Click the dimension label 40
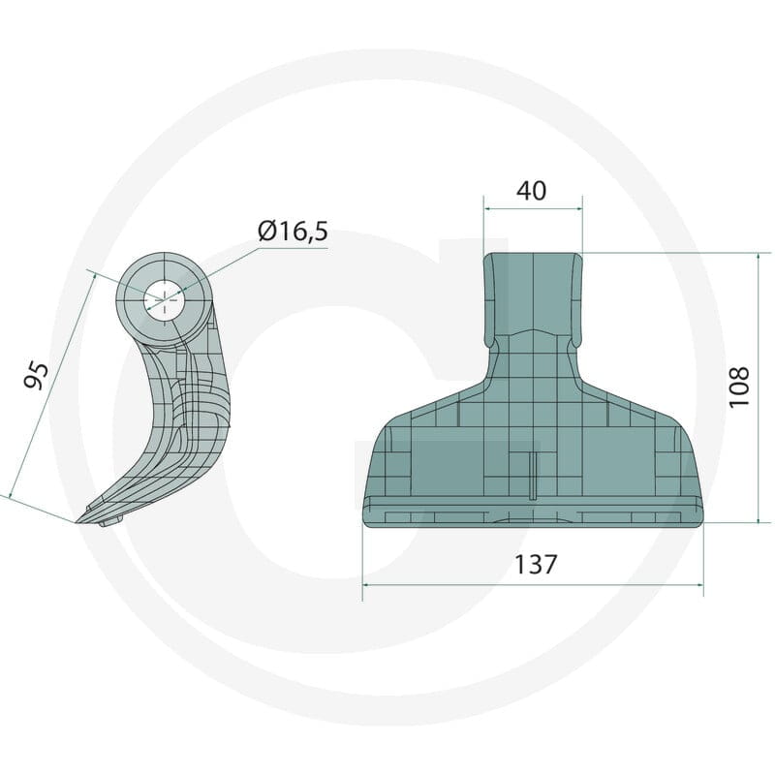pyautogui.click(x=531, y=191)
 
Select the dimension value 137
pyautogui.click(x=537, y=565)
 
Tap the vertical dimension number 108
pyautogui.click(x=739, y=387)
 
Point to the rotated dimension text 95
pyautogui.click(x=37, y=376)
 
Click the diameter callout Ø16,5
pyautogui.click(x=294, y=231)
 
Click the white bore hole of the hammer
pyautogui.click(x=164, y=300)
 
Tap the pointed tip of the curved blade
pyautogui.click(x=77, y=521)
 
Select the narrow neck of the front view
pyautogui.click(x=534, y=296)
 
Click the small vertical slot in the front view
pyautogui.click(x=532, y=477)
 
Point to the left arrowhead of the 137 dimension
pyautogui.click(x=367, y=585)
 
